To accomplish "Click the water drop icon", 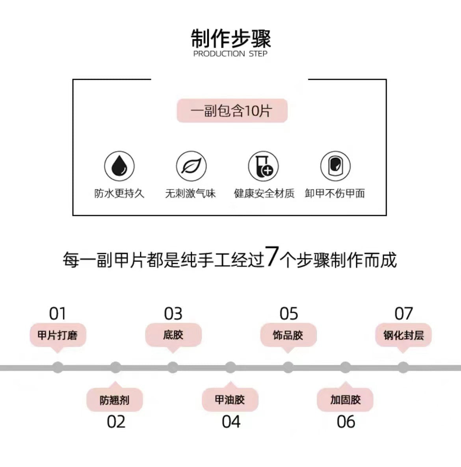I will point(119,166).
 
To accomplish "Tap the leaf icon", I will point(191,166).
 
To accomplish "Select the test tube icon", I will point(263,166).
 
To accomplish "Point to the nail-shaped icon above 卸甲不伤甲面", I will point(335,166).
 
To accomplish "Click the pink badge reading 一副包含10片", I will point(232,111).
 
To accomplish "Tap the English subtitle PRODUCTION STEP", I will point(230,54).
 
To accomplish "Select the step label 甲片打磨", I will point(58,335).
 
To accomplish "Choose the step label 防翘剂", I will point(114,400).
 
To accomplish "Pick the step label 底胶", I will point(173,335).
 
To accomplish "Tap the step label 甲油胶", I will point(230,400).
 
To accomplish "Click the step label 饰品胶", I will point(288,335).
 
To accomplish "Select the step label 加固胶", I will point(345,400).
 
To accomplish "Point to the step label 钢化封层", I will point(403,335).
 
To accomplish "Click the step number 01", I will point(58,314).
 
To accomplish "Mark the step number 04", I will point(231,422).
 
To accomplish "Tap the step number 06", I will point(346,422).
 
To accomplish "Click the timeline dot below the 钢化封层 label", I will point(403,368).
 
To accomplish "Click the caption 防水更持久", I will point(119,193).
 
